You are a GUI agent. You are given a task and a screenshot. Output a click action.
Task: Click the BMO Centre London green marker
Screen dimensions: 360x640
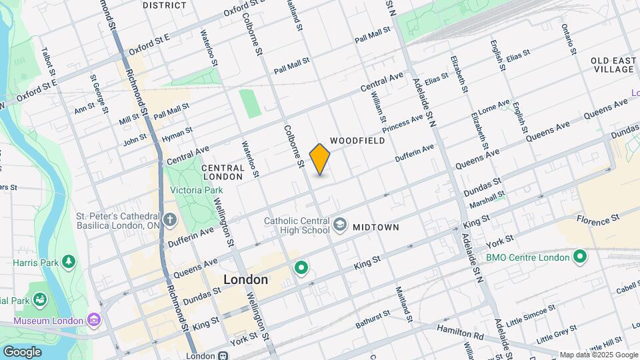coord(579,257)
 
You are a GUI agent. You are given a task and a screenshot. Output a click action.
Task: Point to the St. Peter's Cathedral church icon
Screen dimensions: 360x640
coord(170,219)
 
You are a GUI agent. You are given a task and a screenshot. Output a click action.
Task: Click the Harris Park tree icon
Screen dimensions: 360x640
coord(67,261)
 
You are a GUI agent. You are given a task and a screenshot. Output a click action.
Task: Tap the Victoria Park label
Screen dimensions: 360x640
coord(196,190)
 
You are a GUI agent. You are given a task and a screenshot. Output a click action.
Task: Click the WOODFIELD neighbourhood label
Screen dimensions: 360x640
coord(357,141)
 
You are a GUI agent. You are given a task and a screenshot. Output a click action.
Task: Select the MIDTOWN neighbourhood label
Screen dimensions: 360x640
coord(375,227)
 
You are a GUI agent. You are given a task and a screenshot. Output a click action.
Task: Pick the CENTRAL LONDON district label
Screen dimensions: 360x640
coord(223,172)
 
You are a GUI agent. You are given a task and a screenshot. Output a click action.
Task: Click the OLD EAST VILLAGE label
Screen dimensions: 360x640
coord(613,65)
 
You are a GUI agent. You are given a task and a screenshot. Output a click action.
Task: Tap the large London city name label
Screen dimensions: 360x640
coord(245,280)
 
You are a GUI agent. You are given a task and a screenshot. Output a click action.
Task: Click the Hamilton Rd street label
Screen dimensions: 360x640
coord(460,329)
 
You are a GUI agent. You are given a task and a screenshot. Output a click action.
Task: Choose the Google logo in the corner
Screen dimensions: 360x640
coord(22,351)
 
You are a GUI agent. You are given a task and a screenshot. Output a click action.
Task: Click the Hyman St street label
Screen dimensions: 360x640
coord(177,134)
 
